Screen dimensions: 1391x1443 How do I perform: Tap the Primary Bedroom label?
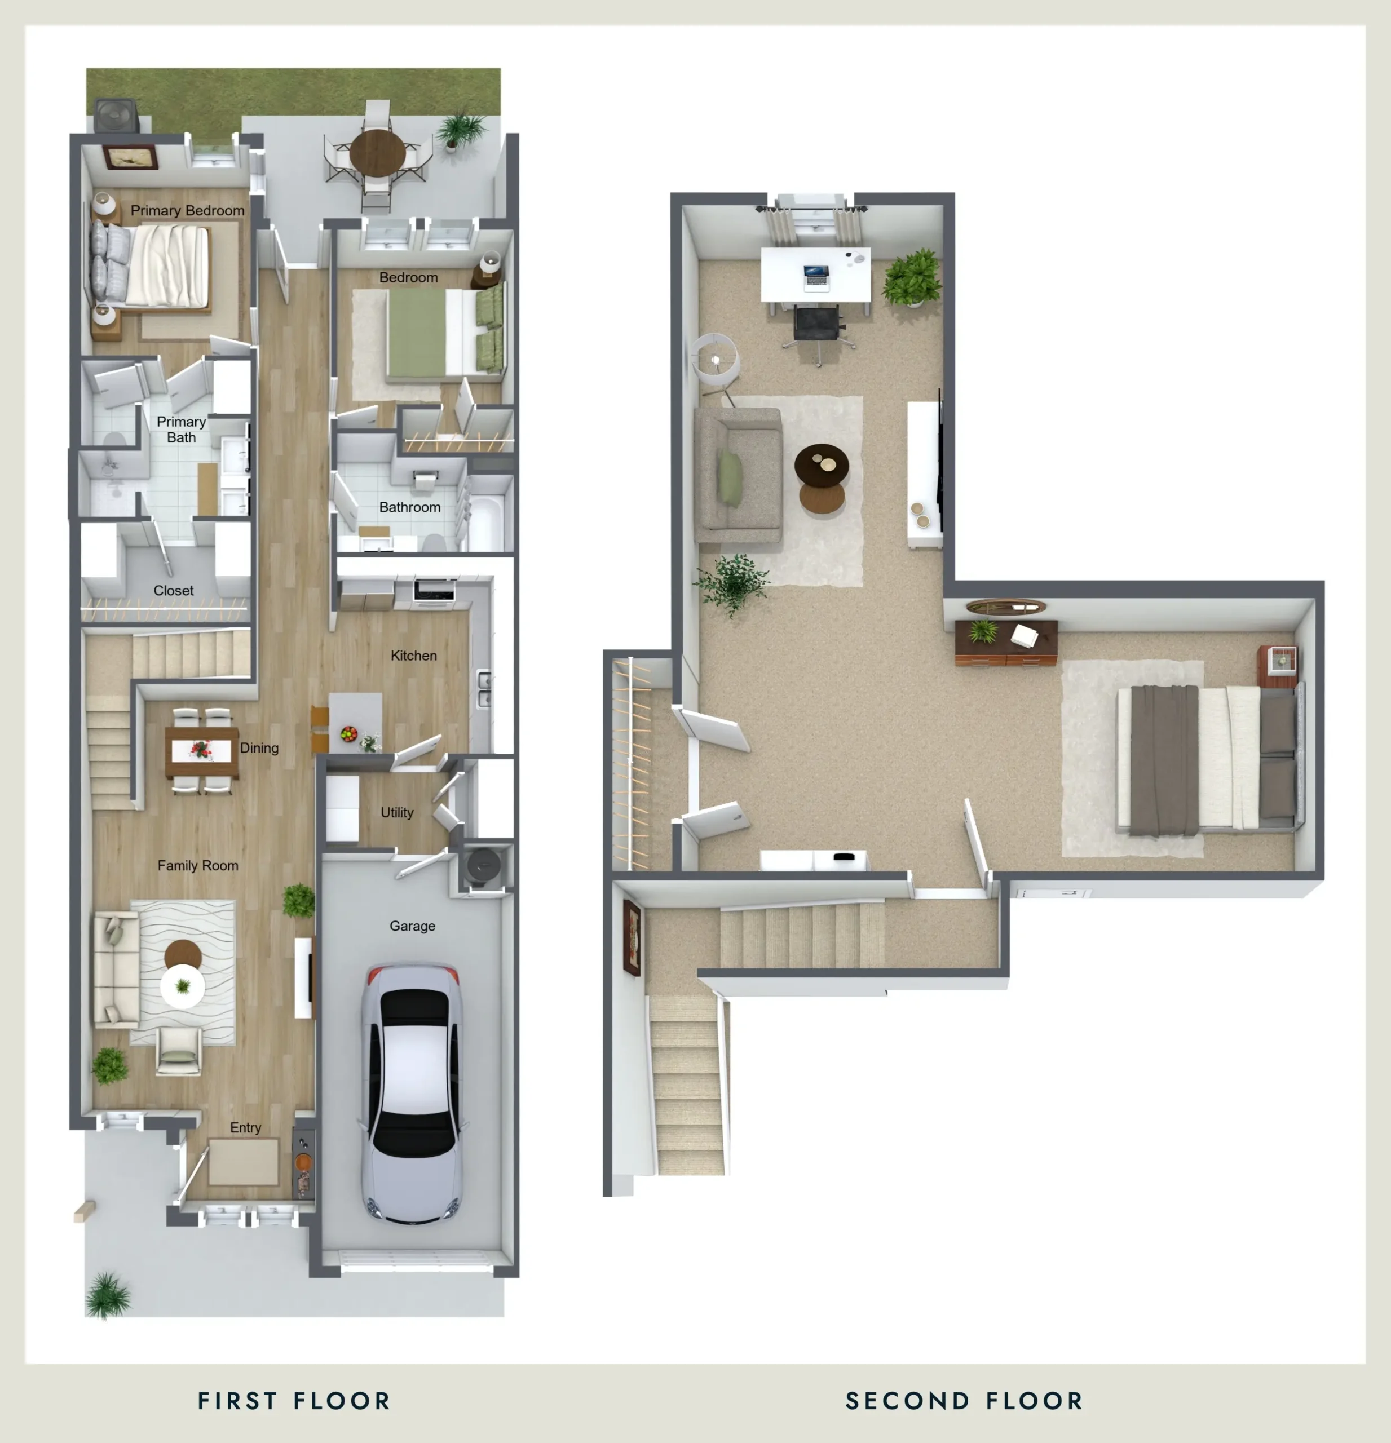pos(187,211)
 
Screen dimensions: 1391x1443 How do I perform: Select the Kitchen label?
pos(413,655)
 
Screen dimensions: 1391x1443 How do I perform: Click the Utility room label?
pos(397,812)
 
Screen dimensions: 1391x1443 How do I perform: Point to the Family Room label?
pos(197,865)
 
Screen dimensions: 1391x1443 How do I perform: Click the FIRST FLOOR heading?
pos(294,1401)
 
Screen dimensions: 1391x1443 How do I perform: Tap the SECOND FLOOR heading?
pos(964,1401)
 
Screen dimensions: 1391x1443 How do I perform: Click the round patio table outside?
pos(377,152)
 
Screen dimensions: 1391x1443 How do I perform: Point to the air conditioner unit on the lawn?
pos(116,116)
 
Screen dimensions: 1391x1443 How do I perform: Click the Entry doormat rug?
pos(243,1162)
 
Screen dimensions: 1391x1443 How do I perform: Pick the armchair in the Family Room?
pos(178,1051)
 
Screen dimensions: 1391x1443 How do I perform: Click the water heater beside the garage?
pos(483,866)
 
